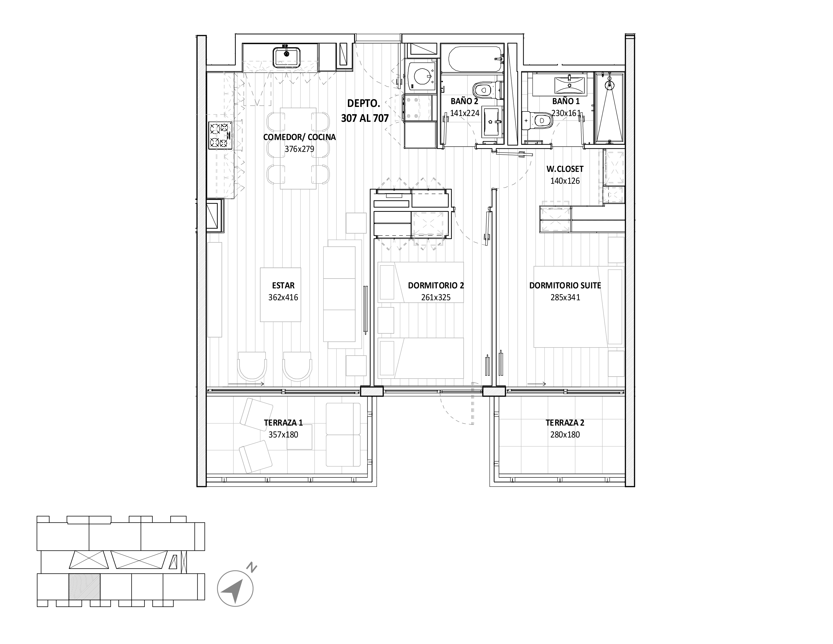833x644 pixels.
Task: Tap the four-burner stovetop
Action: tap(220, 136)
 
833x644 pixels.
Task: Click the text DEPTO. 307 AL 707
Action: tap(364, 111)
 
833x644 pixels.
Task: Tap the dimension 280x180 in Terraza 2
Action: tap(565, 434)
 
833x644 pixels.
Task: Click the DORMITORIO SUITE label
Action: tap(565, 285)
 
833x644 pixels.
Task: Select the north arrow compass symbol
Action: tap(235, 589)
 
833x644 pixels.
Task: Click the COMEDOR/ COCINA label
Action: tap(299, 137)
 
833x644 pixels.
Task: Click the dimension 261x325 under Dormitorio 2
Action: tap(436, 297)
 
